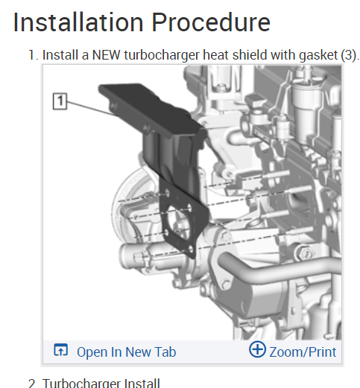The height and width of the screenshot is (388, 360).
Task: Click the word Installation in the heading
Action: pos(78,22)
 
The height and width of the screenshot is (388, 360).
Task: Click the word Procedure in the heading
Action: pos(211,22)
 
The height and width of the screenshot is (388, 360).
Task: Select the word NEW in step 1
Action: pos(107,55)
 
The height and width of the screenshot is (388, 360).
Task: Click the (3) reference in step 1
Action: pos(349,55)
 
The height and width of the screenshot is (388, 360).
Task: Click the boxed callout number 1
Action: pos(60,101)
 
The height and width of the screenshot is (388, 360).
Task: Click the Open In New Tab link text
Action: pos(127,352)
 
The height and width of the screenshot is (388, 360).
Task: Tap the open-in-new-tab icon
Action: pos(61,350)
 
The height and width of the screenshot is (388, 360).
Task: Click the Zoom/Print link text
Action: pos(303,352)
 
